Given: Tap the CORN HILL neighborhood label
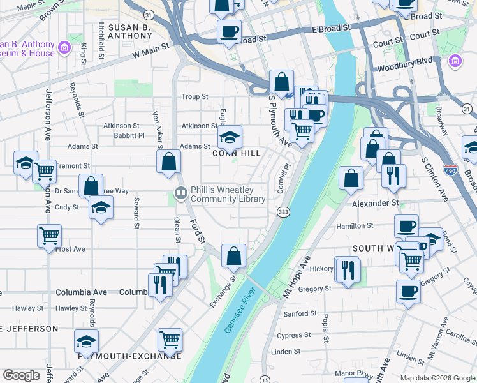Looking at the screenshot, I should (236, 154).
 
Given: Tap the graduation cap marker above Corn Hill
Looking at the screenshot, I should (230, 137).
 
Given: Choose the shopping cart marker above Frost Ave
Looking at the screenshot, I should (49, 236).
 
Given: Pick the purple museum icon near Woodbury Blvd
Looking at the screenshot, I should (455, 62).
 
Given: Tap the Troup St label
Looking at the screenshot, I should (195, 96).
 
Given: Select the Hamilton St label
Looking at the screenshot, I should (355, 226).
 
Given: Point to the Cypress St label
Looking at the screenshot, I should (294, 335).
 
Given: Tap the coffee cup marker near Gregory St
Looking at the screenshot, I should (408, 291).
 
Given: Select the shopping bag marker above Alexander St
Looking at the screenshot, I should (351, 178).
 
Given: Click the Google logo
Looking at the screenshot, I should (22, 375).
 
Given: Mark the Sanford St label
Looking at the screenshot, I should (300, 313).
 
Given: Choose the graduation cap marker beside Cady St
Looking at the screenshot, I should (101, 208).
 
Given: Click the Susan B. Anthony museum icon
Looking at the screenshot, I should (63, 48).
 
